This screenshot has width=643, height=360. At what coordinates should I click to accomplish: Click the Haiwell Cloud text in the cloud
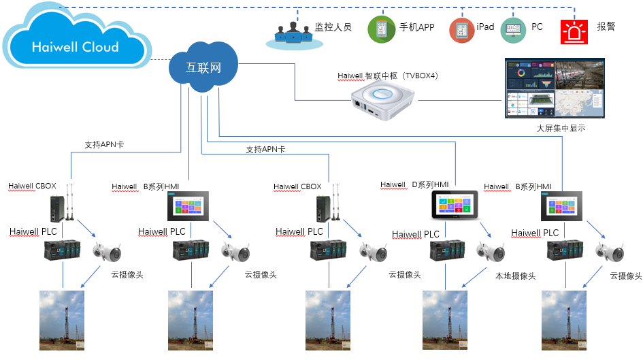click(x=75, y=47)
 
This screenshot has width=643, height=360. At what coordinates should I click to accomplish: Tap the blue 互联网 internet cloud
click(x=204, y=68)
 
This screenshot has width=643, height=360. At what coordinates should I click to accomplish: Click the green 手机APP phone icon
click(x=381, y=29)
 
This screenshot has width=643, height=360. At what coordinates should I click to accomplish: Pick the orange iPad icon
click(x=462, y=29)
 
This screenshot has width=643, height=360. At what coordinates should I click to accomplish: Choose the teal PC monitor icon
click(x=513, y=29)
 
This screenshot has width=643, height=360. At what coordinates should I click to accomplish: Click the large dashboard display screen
click(x=553, y=88)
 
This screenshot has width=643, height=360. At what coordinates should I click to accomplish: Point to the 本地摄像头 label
click(x=515, y=276)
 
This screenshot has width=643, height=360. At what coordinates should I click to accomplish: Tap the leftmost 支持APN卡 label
click(x=104, y=144)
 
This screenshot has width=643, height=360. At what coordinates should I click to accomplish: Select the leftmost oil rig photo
click(x=62, y=320)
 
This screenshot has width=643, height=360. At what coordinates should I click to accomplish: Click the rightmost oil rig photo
click(x=564, y=320)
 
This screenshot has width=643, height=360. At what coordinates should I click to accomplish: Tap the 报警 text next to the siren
click(x=606, y=27)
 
